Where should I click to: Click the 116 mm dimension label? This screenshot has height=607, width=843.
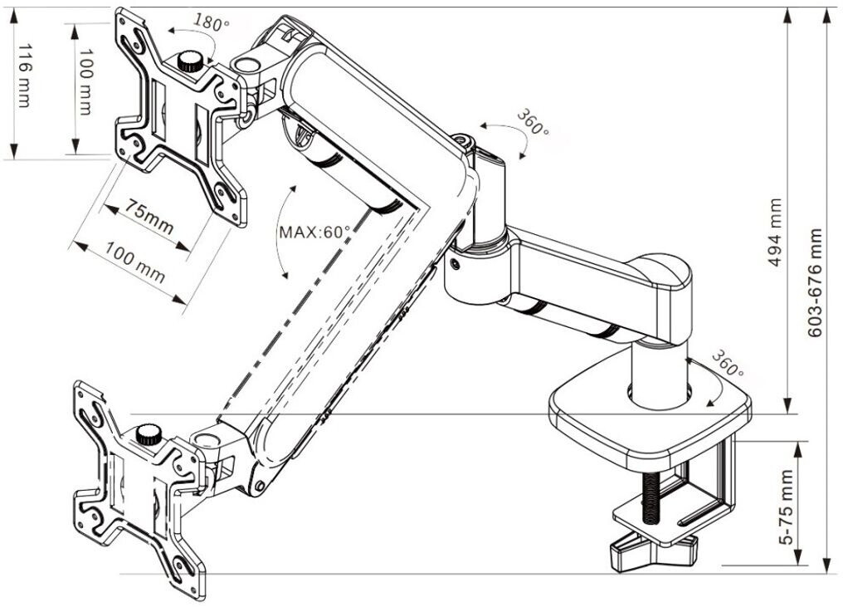coord(22,76)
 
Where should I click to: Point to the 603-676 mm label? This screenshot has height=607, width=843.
coord(816,283)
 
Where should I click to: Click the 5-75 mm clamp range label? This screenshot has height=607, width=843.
coord(787,506)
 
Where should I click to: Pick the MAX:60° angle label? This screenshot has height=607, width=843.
coord(314,233)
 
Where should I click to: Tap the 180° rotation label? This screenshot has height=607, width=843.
coord(212,23)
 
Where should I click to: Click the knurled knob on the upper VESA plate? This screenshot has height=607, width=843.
coord(192,61)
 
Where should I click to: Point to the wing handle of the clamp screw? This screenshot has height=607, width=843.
coord(652,552)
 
